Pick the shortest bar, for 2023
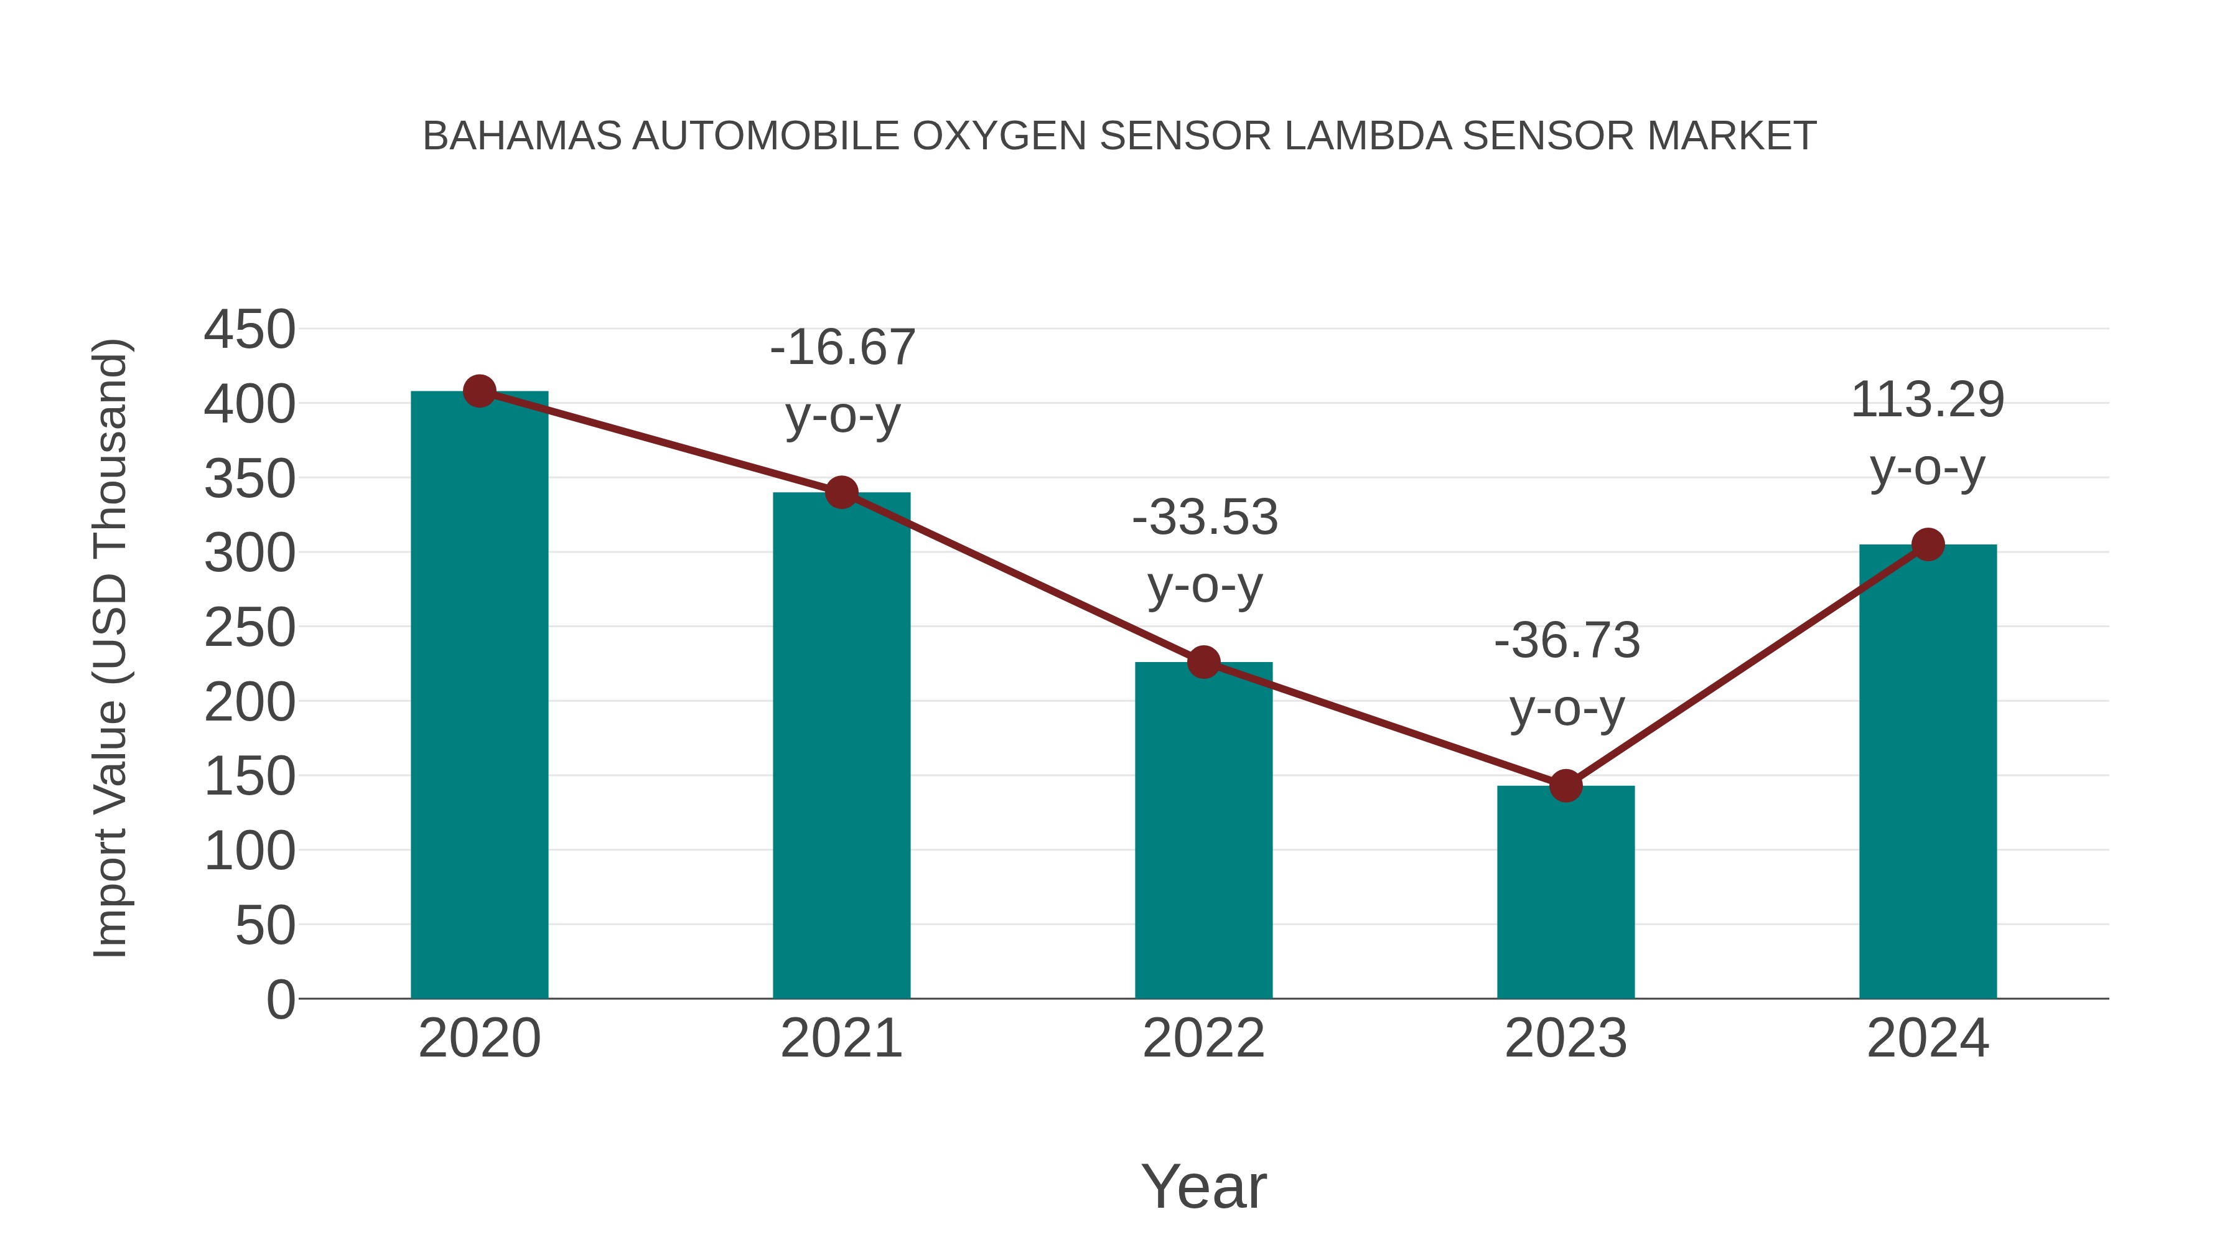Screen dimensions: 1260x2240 click(x=1566, y=895)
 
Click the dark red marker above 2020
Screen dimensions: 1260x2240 click(x=479, y=391)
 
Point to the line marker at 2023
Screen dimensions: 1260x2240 click(x=1566, y=786)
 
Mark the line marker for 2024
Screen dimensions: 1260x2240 click(x=1928, y=544)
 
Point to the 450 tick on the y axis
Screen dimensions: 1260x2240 click(x=250, y=330)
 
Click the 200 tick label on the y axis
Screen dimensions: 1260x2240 click(x=250, y=702)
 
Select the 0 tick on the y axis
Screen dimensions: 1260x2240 click(x=281, y=999)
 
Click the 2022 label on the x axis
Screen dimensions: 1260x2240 click(x=1203, y=1038)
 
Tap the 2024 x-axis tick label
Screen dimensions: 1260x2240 click(x=1928, y=1038)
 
